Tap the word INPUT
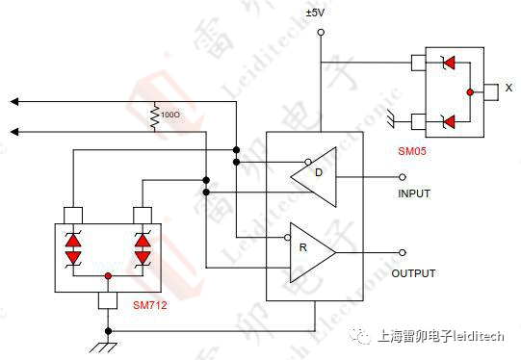[x=414, y=193]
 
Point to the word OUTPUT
[x=413, y=273]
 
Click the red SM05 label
[x=413, y=151]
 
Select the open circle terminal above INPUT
[x=403, y=177]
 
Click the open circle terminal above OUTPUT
[x=403, y=253]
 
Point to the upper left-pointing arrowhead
[x=13, y=101]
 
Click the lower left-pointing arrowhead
[x=13, y=131]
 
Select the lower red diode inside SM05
[x=445, y=121]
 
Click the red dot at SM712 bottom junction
[x=107, y=276]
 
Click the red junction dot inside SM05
[x=469, y=92]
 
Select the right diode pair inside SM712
[x=143, y=247]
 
